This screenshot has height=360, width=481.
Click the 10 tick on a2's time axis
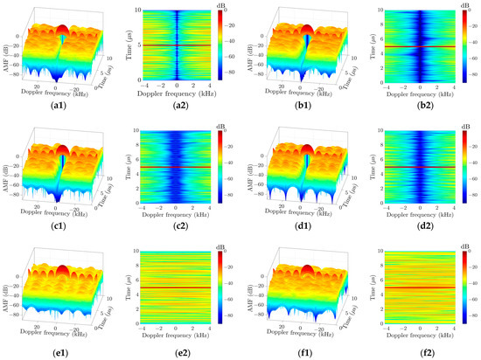128,10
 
